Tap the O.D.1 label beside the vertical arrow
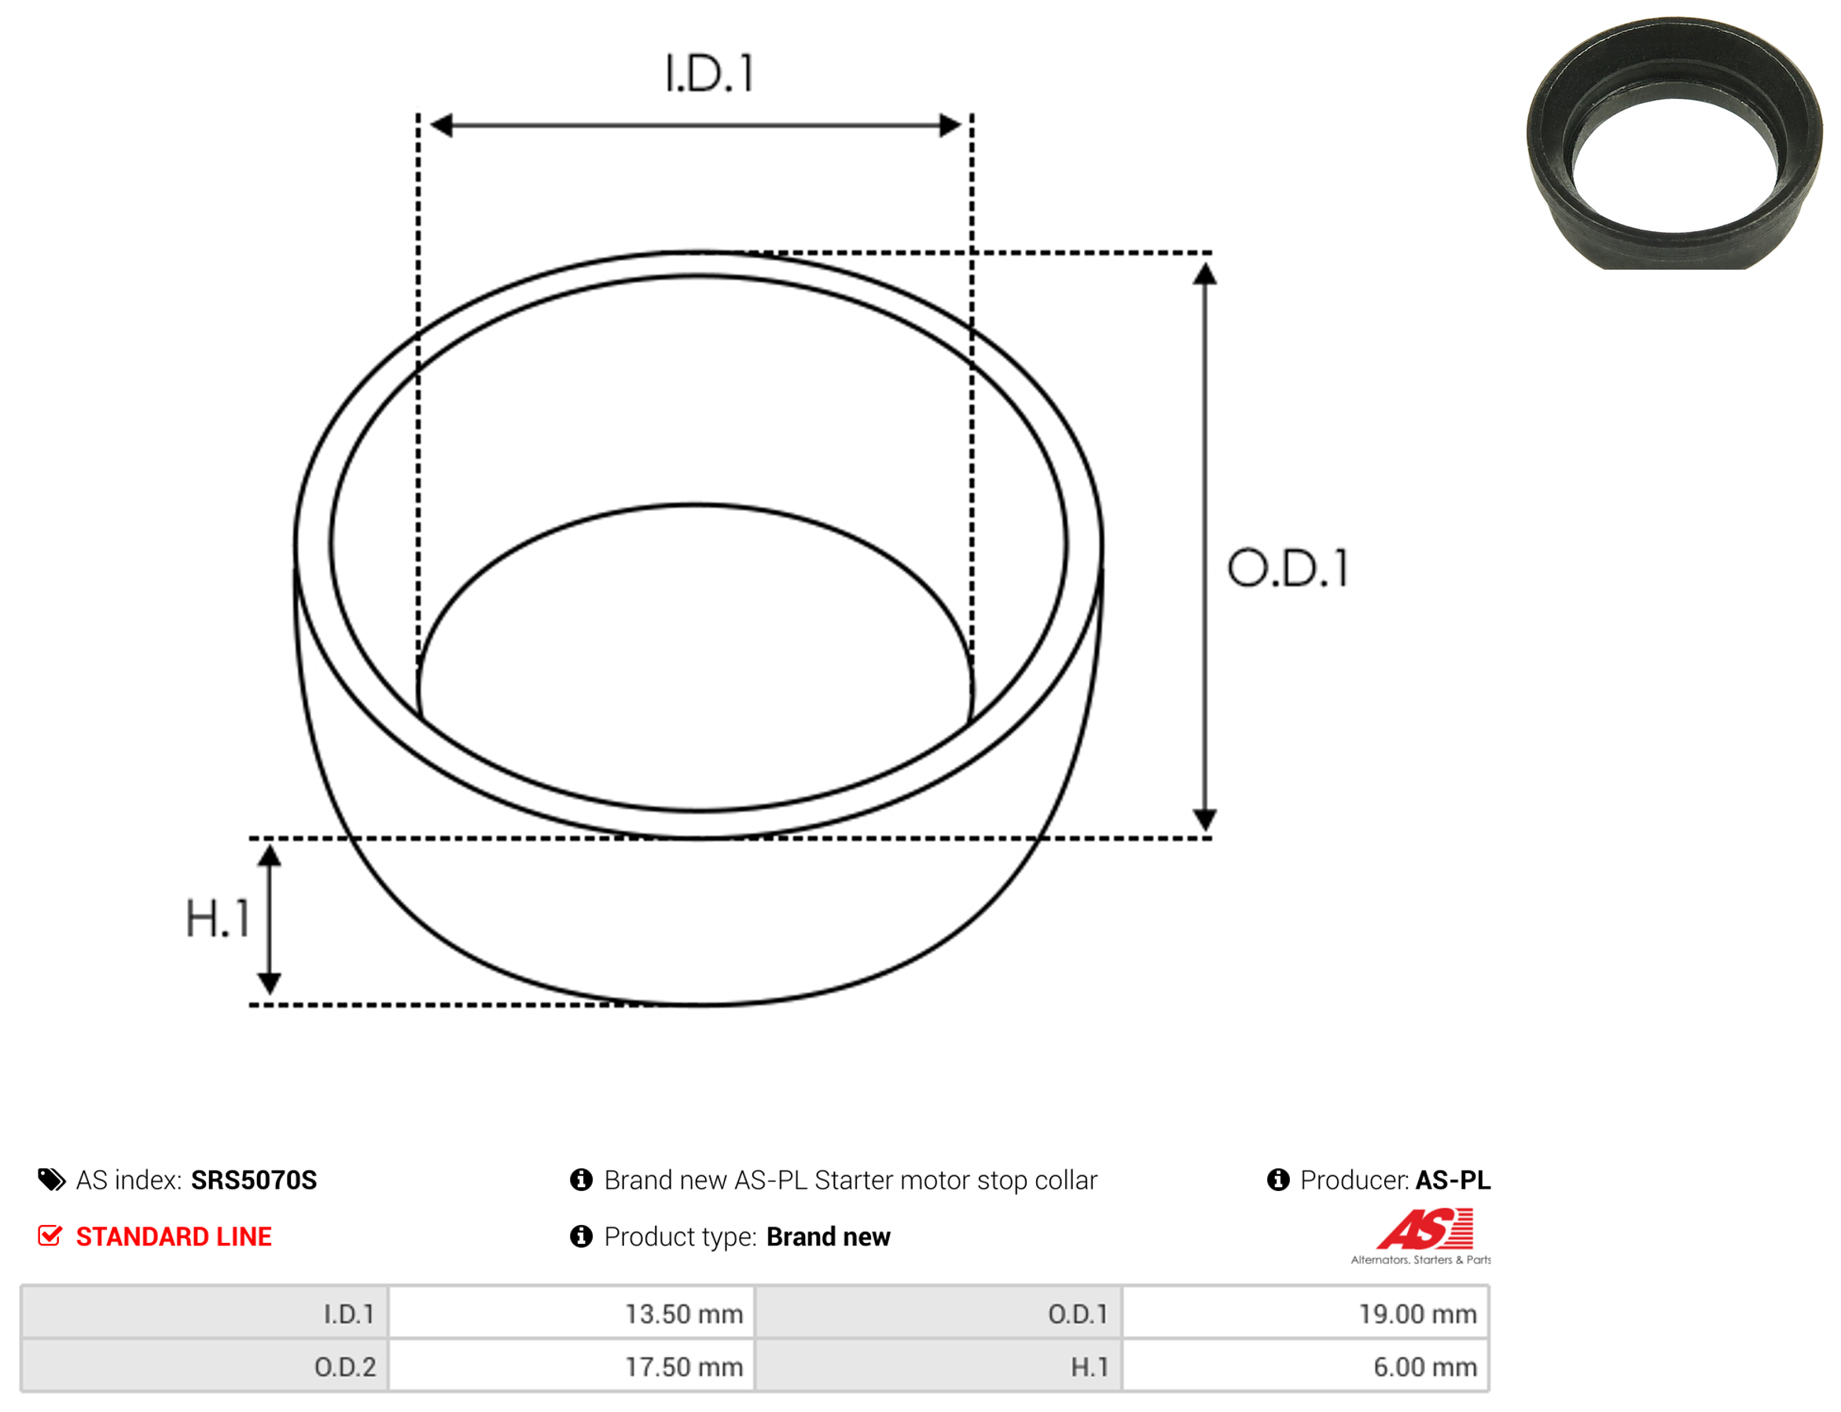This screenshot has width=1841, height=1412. pos(1288,568)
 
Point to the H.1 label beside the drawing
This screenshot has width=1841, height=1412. pos(218,917)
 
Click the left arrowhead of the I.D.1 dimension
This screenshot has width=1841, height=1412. pos(441,125)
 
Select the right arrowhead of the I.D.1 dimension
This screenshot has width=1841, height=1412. pos(950,125)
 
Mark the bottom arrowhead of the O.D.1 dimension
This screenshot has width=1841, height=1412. pos(1205,819)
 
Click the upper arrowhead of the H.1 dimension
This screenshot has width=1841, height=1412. pos(269,855)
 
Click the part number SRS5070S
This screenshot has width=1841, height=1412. pos(254,1180)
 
